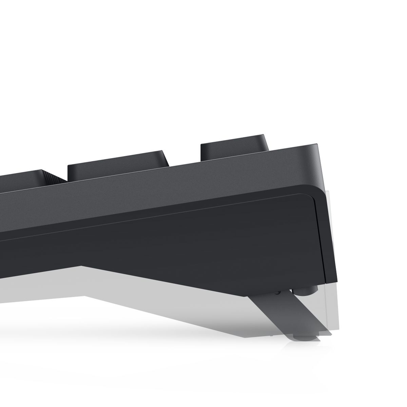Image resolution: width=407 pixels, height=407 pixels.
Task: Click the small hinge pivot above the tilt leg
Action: point(278,292)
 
